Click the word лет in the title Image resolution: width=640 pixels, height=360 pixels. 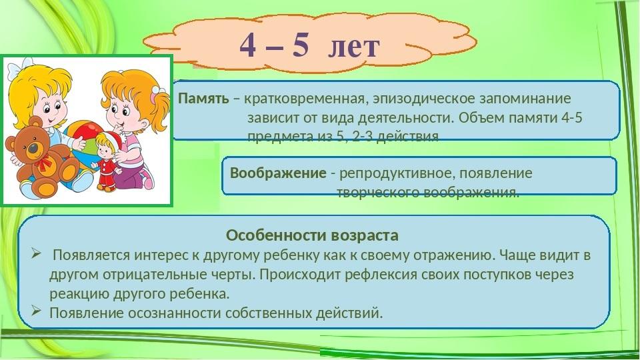click(x=354, y=46)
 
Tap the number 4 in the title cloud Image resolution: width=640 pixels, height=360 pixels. click(x=248, y=45)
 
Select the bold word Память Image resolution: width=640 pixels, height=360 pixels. click(x=204, y=99)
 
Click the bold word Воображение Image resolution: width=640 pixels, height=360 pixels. click(x=278, y=173)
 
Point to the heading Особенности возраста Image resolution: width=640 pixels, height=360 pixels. click(x=312, y=235)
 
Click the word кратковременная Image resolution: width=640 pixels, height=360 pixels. click(x=304, y=99)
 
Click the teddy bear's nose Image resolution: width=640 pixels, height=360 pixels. click(x=33, y=147)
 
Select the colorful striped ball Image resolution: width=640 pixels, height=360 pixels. click(x=83, y=139)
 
